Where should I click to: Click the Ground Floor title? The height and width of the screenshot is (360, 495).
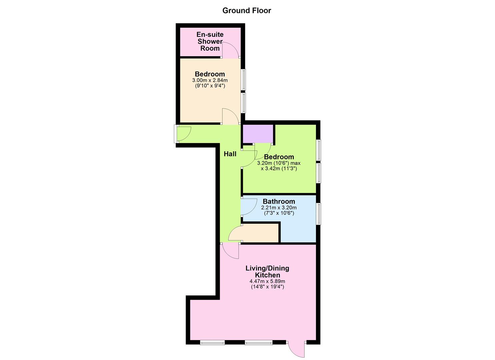tap(247, 11)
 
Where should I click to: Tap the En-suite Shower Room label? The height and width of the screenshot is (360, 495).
tap(210, 41)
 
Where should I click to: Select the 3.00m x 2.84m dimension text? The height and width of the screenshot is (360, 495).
tap(210, 80)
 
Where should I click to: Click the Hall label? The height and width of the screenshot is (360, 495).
tap(230, 154)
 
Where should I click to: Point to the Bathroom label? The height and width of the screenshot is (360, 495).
tap(279, 201)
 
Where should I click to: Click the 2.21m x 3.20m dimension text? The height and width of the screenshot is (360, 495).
tap(279, 208)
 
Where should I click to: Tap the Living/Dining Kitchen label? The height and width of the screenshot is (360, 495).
tap(267, 271)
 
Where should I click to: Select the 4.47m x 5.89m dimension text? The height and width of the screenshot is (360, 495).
tap(267, 281)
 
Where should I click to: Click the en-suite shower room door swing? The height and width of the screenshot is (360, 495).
tap(230, 50)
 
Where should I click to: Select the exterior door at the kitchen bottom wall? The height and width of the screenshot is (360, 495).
tap(296, 349)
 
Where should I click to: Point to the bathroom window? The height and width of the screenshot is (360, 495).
tap(319, 213)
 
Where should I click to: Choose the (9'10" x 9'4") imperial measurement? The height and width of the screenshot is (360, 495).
tap(210, 86)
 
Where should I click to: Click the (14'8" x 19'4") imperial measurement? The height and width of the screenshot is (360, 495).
tap(267, 287)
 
